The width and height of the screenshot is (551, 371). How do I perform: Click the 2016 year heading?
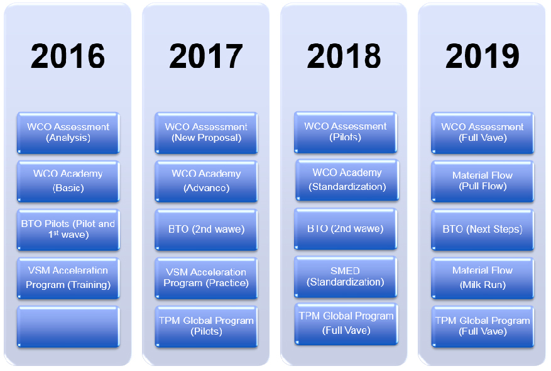(68, 56)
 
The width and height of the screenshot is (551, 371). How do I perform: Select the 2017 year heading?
(206, 56)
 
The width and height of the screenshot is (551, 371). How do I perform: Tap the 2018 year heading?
(344, 56)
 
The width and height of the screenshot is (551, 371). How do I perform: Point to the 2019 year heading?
(483, 56)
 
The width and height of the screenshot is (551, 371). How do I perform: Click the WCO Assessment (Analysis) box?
(68, 133)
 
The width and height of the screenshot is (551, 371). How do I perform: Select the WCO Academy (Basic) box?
(68, 182)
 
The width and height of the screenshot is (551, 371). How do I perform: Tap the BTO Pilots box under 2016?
(68, 230)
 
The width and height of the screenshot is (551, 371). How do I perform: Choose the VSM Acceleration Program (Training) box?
(68, 278)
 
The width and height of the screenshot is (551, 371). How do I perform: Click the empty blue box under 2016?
(68, 327)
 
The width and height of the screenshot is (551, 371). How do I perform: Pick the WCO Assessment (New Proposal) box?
(206, 133)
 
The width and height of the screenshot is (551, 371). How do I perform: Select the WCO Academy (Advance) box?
(206, 182)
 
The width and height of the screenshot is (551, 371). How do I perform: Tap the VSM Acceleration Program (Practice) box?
(206, 278)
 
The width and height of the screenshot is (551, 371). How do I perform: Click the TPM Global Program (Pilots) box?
(206, 327)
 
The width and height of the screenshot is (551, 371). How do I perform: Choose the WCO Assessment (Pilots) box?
(346, 132)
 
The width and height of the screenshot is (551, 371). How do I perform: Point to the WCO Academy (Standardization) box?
(347, 180)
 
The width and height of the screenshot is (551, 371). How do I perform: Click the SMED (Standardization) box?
(346, 277)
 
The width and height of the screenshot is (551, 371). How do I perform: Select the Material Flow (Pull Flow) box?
(483, 182)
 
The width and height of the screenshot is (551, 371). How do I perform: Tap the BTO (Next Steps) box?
(483, 230)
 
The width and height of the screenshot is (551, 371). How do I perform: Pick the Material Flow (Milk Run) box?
(483, 278)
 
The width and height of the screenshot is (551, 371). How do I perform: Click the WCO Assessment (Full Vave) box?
(483, 133)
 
